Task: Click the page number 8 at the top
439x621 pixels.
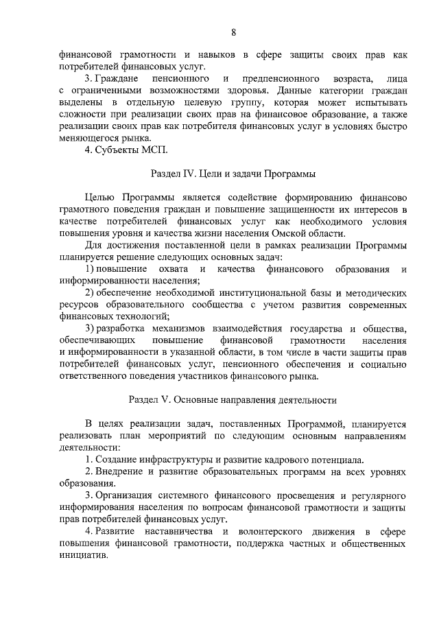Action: click(233, 32)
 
